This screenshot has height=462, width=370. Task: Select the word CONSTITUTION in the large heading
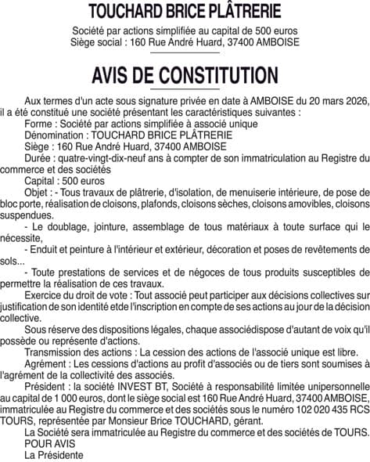tap(220, 75)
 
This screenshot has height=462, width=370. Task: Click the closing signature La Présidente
tap(53, 454)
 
